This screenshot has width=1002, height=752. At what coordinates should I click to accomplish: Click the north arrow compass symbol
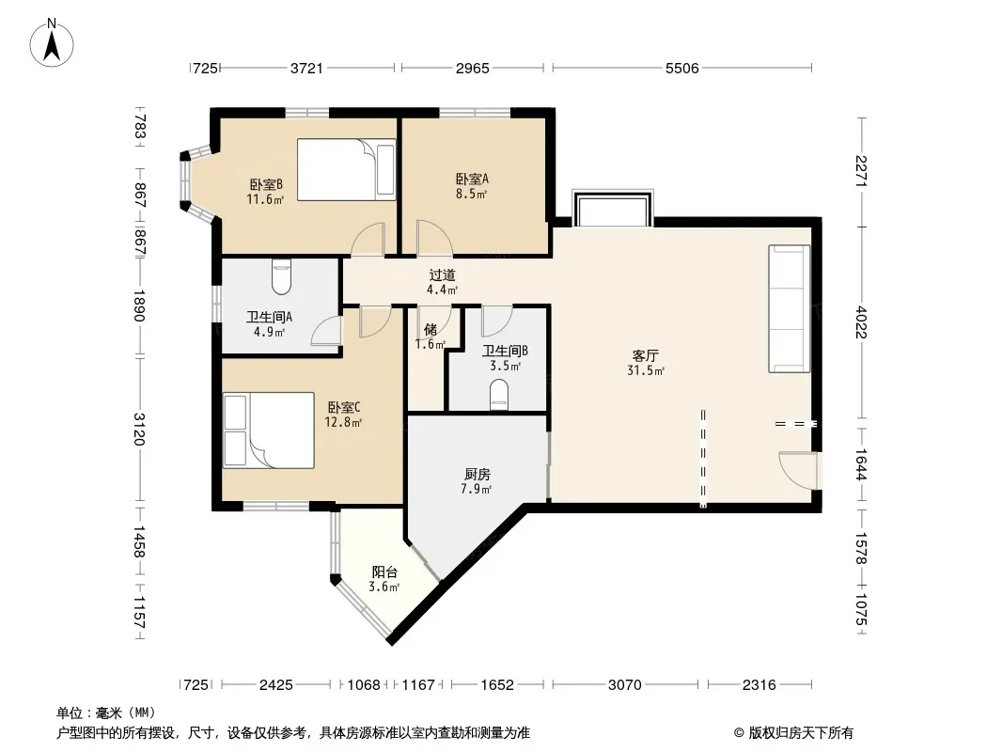click(x=52, y=43)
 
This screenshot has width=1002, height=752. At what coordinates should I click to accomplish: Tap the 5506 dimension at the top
click(x=681, y=68)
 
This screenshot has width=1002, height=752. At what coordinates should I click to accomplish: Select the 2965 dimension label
click(x=472, y=68)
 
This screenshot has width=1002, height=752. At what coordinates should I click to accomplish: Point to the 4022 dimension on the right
click(x=861, y=323)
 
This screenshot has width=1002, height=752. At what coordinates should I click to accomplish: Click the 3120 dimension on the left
click(x=139, y=429)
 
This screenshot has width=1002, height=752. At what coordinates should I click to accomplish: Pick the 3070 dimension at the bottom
click(x=624, y=685)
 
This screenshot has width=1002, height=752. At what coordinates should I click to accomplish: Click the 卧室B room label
click(x=266, y=184)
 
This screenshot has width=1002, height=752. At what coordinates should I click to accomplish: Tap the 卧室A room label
click(x=472, y=180)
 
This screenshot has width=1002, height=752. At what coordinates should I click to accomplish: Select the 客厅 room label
click(x=646, y=356)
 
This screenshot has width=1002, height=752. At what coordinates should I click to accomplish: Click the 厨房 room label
click(x=478, y=475)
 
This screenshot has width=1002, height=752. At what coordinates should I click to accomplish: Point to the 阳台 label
click(x=384, y=572)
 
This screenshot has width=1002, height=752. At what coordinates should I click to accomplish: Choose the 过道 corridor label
click(x=442, y=275)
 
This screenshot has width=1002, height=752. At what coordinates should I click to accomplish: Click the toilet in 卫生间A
click(x=281, y=276)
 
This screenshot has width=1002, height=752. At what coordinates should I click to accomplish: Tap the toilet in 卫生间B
click(x=498, y=394)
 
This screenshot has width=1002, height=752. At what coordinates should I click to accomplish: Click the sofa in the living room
click(x=790, y=308)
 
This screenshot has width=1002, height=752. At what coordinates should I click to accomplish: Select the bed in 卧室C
click(x=269, y=430)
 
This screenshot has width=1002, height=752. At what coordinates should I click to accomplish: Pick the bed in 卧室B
click(x=346, y=170)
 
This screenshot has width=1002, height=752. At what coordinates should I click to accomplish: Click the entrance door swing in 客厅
click(x=798, y=470)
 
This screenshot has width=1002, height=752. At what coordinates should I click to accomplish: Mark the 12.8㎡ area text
click(x=343, y=422)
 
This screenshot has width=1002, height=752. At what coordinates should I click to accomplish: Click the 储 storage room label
click(x=431, y=330)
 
